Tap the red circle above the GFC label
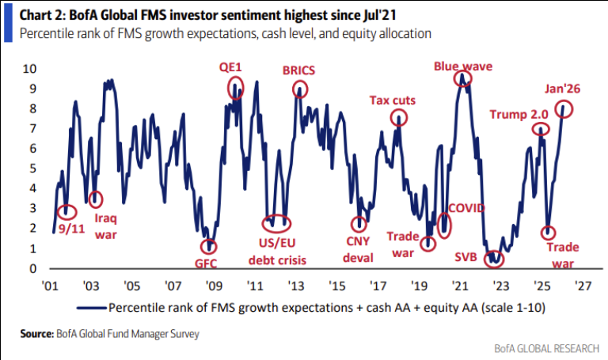tap(208, 246)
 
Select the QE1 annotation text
tap(230, 68)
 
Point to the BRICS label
tap(298, 70)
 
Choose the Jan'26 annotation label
tap(562, 89)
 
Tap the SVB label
tap(466, 258)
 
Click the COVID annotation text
tap(467, 208)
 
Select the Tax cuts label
tap(393, 100)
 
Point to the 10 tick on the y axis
tap(29, 68)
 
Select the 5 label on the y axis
tap(32, 169)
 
